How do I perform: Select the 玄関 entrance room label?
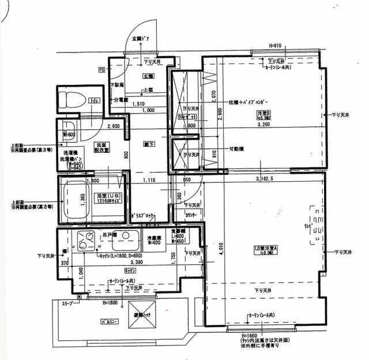click(x=148, y=76)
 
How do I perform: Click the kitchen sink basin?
click(x=129, y=238)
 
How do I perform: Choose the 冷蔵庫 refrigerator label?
click(x=153, y=239)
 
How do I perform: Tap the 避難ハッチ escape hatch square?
click(x=142, y=314)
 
